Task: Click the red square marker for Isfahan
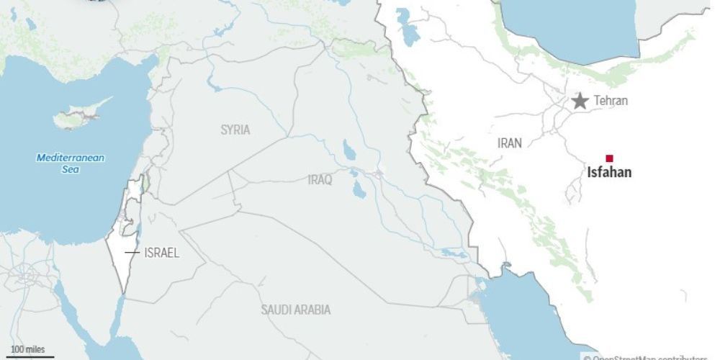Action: click(609, 158)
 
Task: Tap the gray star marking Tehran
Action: click(580, 101)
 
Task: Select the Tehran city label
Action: click(611, 101)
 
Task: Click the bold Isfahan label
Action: click(609, 173)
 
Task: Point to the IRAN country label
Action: click(509, 143)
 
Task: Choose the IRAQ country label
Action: click(320, 180)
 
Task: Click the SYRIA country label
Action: click(235, 130)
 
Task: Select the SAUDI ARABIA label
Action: click(296, 310)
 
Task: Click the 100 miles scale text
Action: click(27, 349)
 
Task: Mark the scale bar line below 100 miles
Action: click(32, 356)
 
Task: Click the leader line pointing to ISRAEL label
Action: click(131, 253)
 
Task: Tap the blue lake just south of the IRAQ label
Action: click(358, 191)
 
